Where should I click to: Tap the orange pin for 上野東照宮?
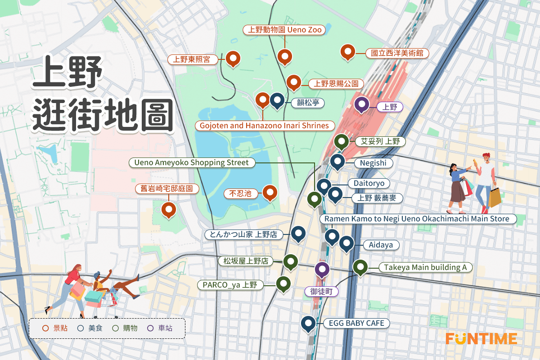click(233, 58)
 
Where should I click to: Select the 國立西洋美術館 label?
click(396, 53)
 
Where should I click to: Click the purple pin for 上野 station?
click(361, 104)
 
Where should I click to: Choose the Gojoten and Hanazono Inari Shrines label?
click(265, 126)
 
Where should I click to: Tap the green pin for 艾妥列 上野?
click(342, 142)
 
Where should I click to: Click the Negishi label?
click(373, 163)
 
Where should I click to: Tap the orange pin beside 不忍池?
click(270, 193)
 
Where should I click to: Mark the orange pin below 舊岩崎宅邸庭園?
click(168, 209)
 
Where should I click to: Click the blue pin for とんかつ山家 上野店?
click(298, 233)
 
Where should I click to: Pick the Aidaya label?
click(381, 245)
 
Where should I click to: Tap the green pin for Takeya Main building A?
click(360, 266)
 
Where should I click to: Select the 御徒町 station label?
click(321, 292)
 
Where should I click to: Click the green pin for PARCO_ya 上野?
click(283, 283)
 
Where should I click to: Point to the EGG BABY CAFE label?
click(356, 323)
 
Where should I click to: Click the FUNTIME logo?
click(481, 338)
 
